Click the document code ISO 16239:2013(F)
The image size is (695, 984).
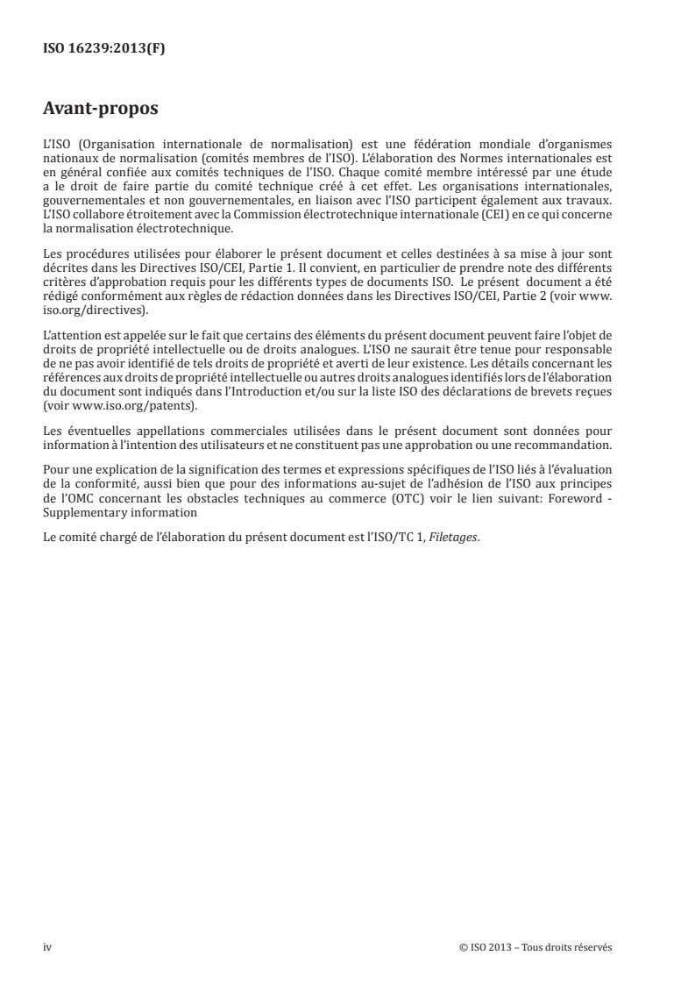pyautogui.click(x=104, y=49)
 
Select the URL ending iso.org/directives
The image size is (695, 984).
pyautogui.click(x=96, y=310)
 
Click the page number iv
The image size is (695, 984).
pyautogui.click(x=47, y=946)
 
